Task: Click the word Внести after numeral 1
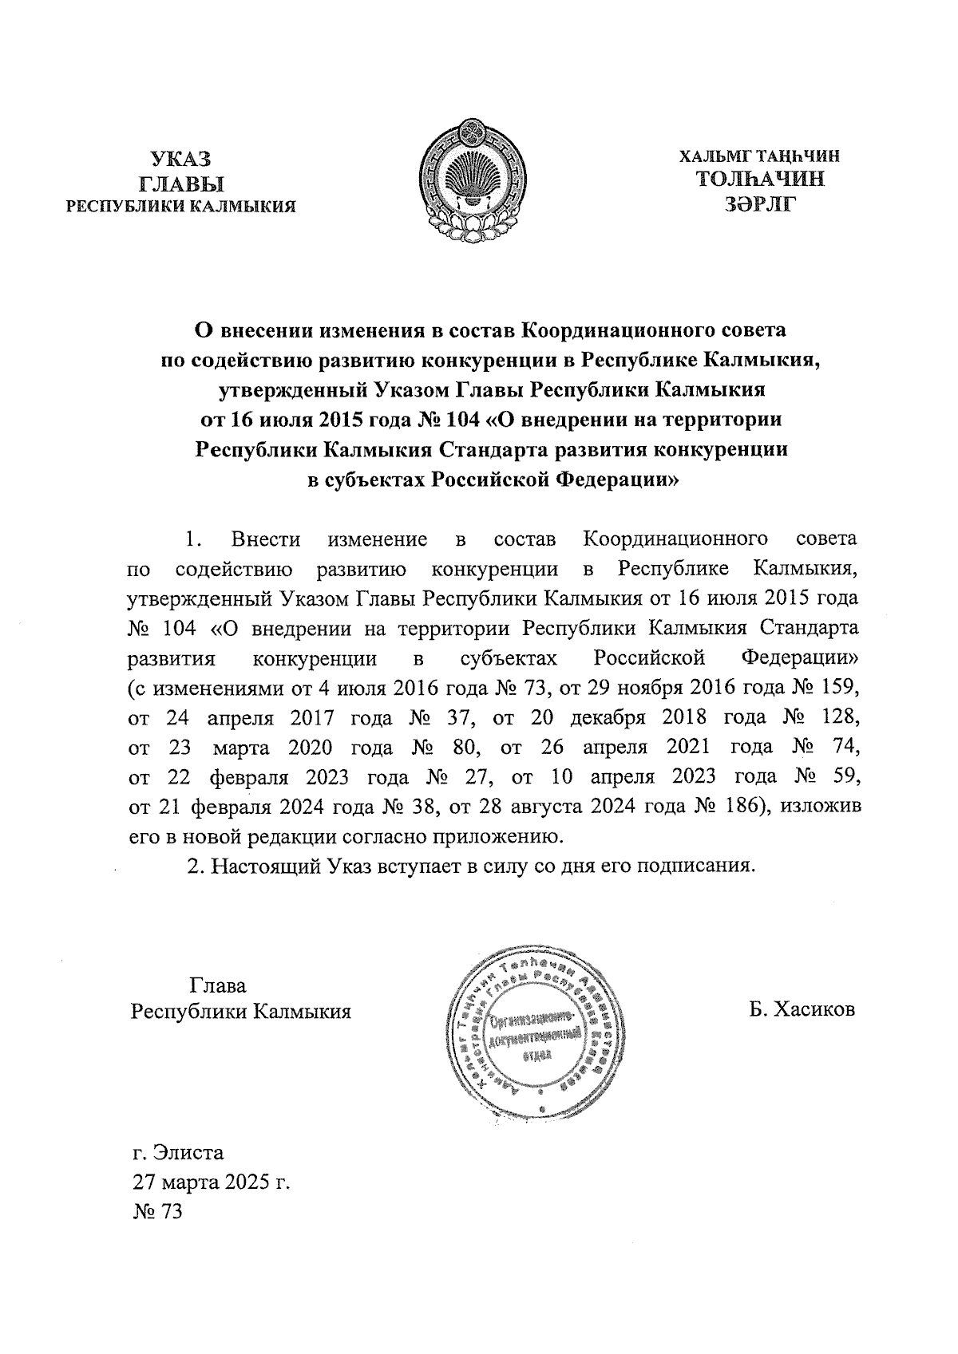(x=265, y=539)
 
